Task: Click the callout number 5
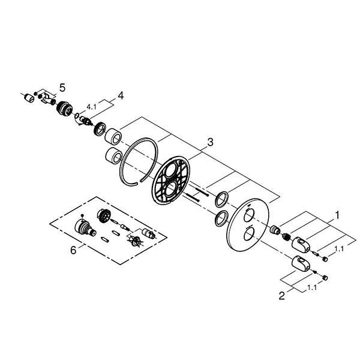click(x=62, y=88)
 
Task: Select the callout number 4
click(x=121, y=95)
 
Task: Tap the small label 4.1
click(x=91, y=107)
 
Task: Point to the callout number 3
click(x=210, y=142)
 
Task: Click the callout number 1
click(x=337, y=215)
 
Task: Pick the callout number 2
click(x=282, y=295)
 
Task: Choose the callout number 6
click(x=73, y=250)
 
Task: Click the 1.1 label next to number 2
click(x=312, y=287)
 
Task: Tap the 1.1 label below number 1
click(x=338, y=248)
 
